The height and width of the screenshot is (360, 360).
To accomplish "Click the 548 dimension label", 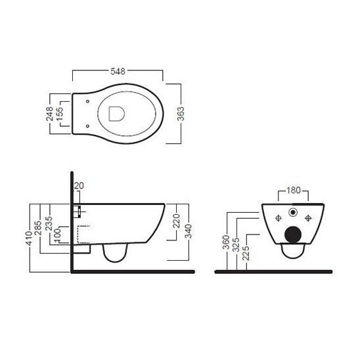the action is point(118,72).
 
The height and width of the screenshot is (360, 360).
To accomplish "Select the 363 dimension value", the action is point(181,114).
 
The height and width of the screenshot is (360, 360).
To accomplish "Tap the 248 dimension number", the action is point(49,114).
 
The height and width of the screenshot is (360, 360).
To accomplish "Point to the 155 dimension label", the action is point(59,114).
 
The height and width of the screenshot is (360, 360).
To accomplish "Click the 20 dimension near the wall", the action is point(79,185).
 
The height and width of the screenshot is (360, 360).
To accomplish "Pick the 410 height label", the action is point(29,238).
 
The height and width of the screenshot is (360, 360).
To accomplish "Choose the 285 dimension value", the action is point(38,228).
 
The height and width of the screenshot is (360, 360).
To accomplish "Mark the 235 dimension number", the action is point(49,223).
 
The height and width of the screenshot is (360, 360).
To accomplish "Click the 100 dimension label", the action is point(57,235).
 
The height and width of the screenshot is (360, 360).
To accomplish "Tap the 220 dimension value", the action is point(176,221).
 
